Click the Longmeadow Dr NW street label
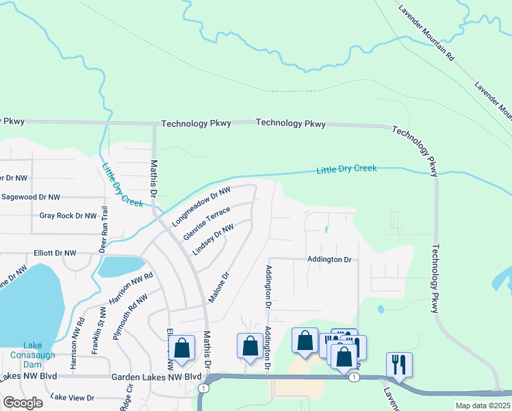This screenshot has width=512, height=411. [x=202, y=206]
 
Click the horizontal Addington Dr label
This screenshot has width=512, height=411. [x=329, y=260]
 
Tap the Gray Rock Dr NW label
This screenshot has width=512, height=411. [x=68, y=216]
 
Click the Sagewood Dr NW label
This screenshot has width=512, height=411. [x=34, y=197]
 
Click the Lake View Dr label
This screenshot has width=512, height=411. [x=73, y=397]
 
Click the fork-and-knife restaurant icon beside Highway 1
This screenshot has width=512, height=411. [x=399, y=364]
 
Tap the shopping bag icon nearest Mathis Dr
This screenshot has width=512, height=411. [x=182, y=348]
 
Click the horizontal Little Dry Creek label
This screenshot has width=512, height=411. [x=346, y=169]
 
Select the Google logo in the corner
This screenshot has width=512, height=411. [x=23, y=403]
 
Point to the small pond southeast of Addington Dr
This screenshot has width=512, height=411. [x=381, y=309]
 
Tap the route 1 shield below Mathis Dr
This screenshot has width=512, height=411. [x=203, y=388]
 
